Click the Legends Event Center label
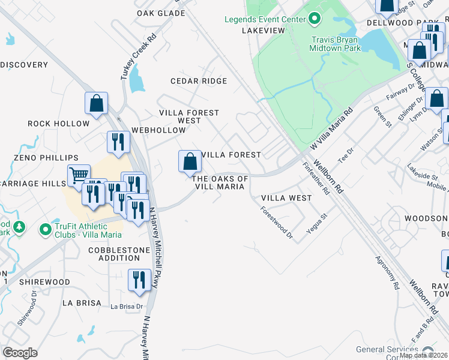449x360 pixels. pyautogui.click(x=265, y=19)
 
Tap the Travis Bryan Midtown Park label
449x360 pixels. pyautogui.click(x=336, y=44)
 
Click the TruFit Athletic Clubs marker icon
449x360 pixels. pyautogui.click(x=45, y=229)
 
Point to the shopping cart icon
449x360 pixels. pyautogui.click(x=79, y=175)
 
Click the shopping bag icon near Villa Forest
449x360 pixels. pyautogui.click(x=190, y=161)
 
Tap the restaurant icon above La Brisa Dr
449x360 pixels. pyautogui.click(x=139, y=280)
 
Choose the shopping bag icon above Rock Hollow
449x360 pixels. pyautogui.click(x=96, y=103)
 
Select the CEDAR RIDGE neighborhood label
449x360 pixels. pyautogui.click(x=199, y=81)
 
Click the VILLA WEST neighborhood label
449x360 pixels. pyautogui.click(x=287, y=198)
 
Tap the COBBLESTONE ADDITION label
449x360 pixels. pyautogui.click(x=114, y=254)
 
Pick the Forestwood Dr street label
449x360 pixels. pyautogui.click(x=276, y=224)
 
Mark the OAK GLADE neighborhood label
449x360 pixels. pyautogui.click(x=160, y=13)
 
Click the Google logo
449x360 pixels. pyautogui.click(x=20, y=353)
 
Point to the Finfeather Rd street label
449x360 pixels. pyautogui.click(x=316, y=179)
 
